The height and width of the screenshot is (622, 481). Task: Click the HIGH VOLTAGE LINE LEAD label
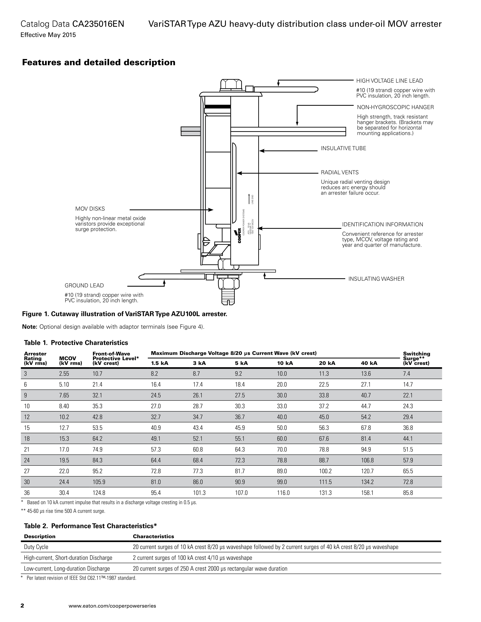click(x=390, y=81)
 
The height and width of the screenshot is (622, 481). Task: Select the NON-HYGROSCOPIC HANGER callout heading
click(x=395, y=107)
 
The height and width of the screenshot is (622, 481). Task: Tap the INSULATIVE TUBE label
click(x=343, y=148)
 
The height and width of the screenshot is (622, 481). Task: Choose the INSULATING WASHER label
click(x=376, y=279)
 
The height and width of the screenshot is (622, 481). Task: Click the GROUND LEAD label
click(x=84, y=285)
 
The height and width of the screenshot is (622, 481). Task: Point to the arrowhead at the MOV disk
click(x=211, y=210)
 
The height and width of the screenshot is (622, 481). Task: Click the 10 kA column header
click(x=285, y=363)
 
